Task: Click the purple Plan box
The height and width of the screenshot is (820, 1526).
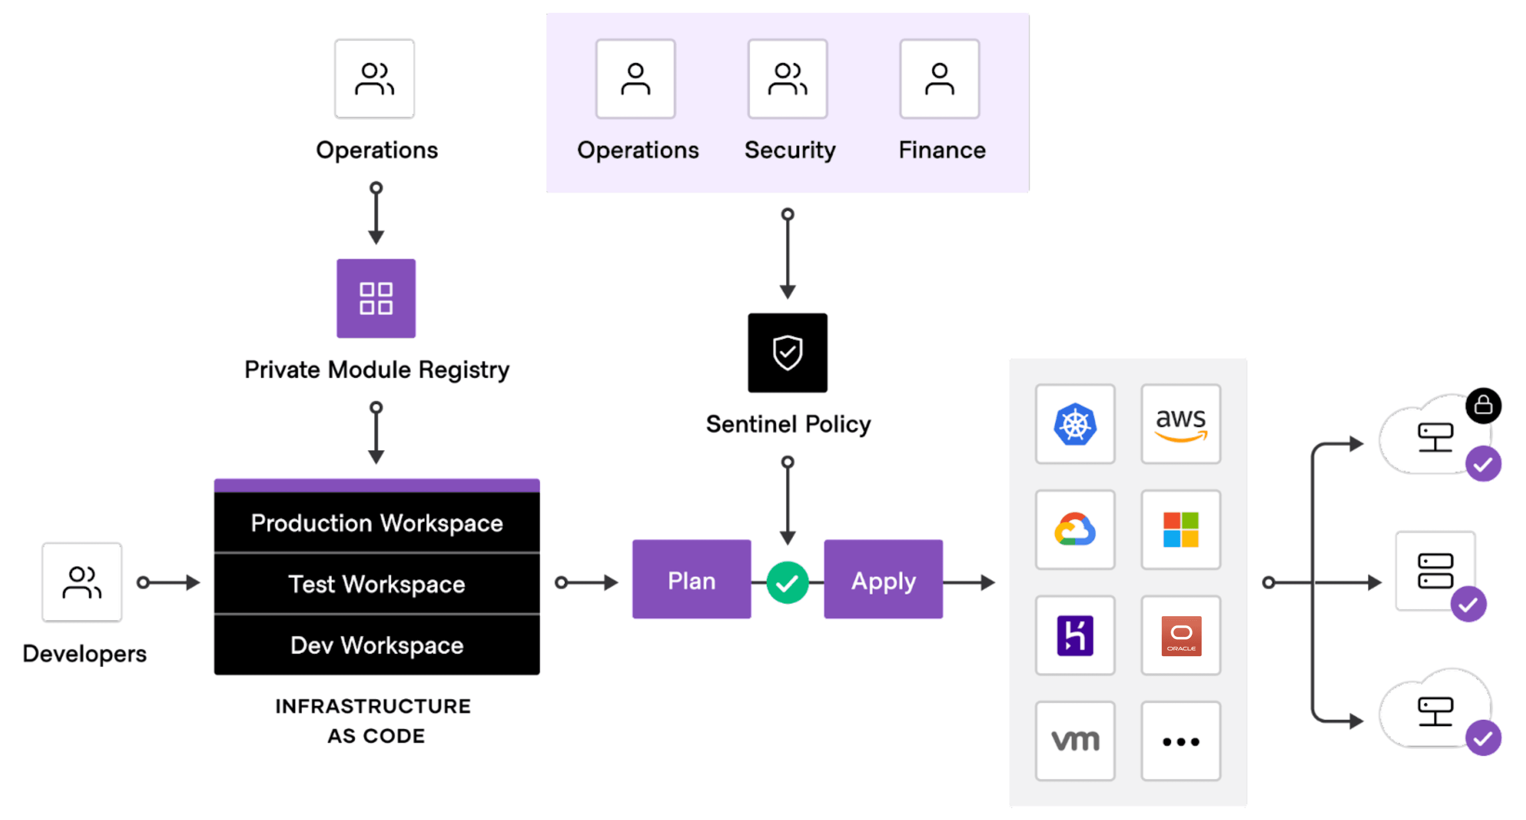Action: (691, 580)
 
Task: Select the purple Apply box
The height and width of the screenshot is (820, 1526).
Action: (883, 580)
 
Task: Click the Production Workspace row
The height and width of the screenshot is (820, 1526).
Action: (377, 523)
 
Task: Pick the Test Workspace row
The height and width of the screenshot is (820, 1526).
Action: (377, 584)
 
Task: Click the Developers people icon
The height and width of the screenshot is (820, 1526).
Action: (82, 582)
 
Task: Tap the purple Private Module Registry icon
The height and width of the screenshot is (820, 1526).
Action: (376, 298)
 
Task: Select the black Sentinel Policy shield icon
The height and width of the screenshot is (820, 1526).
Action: (787, 353)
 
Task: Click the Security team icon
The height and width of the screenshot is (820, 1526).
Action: (787, 79)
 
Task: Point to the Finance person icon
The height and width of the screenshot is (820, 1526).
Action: (940, 79)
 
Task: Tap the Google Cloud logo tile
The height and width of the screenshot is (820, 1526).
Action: (1075, 530)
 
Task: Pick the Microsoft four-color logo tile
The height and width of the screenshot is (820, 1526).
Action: (1181, 530)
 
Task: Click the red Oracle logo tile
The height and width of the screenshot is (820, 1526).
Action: (1181, 635)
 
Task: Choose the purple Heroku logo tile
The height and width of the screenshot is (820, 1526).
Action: (1075, 635)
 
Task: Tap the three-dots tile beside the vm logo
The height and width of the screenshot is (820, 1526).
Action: (1181, 741)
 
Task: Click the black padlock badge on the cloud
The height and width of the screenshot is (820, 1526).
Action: (1483, 406)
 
